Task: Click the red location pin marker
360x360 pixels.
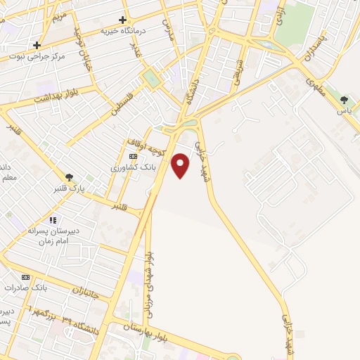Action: tap(181, 165)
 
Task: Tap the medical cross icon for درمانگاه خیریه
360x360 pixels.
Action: tap(123, 20)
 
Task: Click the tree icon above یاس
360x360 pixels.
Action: tap(344, 101)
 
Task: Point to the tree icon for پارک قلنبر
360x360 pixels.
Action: tap(69, 176)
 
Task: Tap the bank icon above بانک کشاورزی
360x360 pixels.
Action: tap(133, 156)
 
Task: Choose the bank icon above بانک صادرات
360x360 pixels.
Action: tap(27, 277)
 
